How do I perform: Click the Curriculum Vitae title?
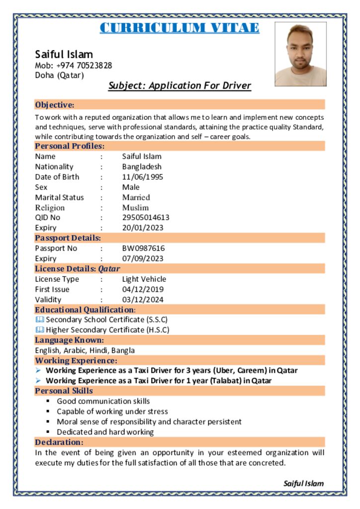tap(180, 28)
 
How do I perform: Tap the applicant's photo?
tap(300, 54)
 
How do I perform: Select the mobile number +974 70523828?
tap(84, 66)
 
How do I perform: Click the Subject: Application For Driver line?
tap(180, 86)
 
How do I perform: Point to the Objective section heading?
tap(55, 105)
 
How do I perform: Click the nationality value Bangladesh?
tap(142, 167)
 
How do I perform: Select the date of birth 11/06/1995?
tap(143, 177)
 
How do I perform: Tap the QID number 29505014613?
tap(146, 218)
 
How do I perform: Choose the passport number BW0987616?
tap(143, 248)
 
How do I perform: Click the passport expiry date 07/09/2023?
tap(143, 258)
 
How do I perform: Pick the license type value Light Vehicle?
tap(144, 279)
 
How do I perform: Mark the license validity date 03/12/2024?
tap(143, 299)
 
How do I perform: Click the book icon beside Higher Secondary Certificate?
tap(39, 330)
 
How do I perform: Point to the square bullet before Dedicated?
tap(48, 432)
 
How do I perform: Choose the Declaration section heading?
tap(59, 442)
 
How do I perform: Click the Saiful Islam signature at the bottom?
tap(303, 483)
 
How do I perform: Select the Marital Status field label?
tap(59, 197)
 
